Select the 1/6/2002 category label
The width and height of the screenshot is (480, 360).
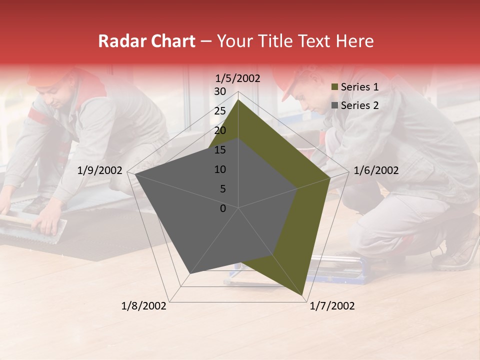[x=376, y=170]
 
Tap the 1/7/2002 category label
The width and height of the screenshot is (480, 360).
[x=332, y=306]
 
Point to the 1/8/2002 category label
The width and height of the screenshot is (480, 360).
[x=144, y=306]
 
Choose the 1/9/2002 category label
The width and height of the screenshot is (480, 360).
[x=100, y=170]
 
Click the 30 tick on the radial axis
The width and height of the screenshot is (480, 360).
[x=220, y=91]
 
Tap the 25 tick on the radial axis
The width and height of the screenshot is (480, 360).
[x=220, y=111]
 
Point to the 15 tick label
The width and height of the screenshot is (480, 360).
[x=220, y=150]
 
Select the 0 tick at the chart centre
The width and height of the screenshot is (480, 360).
[x=223, y=208]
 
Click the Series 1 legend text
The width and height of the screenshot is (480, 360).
[x=359, y=87]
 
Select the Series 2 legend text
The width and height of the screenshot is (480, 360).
[x=359, y=105]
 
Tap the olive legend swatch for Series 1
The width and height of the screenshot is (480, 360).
[x=335, y=87]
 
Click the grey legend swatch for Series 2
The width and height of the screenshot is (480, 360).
[x=335, y=106]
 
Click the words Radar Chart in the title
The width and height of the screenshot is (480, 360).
[x=146, y=41]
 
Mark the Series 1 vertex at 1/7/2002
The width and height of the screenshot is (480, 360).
[x=302, y=294]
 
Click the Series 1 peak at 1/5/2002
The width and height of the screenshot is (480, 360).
[x=238, y=99]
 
